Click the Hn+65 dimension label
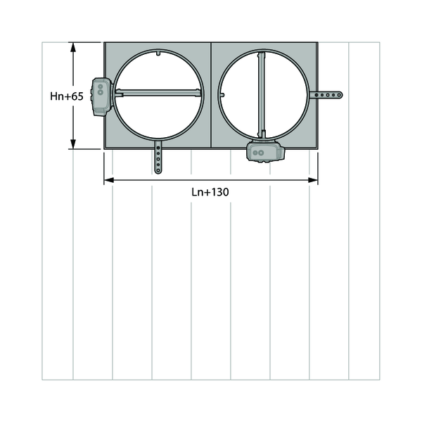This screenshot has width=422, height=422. (x=67, y=96)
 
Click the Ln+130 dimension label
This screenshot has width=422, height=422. (x=210, y=192)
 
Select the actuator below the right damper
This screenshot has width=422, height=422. (x=265, y=152)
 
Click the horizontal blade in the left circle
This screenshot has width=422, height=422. (x=158, y=93)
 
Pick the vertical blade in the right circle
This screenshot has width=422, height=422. (x=262, y=95)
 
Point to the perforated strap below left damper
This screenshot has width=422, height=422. (x=158, y=158)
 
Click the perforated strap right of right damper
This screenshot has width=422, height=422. (x=326, y=95)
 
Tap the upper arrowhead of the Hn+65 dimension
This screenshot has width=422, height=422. (x=73, y=47)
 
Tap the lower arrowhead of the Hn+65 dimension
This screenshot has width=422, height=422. (x=73, y=143)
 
